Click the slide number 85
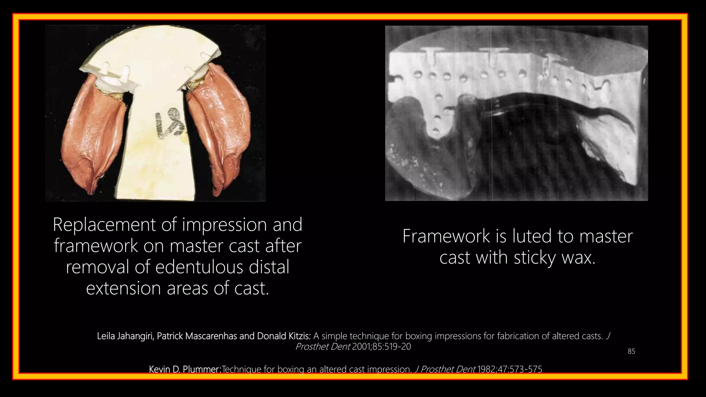click(631, 352)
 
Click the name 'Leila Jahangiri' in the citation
click(125, 336)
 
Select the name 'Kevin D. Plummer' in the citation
click(184, 369)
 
